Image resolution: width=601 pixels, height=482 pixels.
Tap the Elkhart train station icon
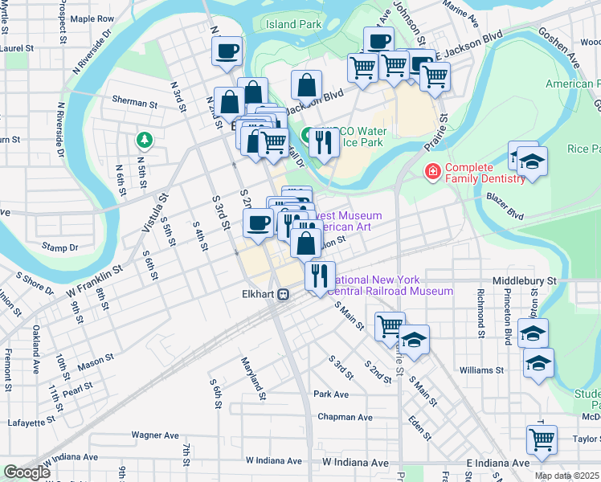pos(284,295)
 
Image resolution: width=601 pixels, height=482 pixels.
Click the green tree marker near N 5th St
pos(145,141)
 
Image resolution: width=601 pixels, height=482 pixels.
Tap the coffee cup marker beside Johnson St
pos(378,41)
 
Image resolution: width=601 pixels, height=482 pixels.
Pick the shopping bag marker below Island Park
pos(307,84)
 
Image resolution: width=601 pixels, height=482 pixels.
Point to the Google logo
pos(27,472)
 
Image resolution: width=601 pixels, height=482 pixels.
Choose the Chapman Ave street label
pos(345,417)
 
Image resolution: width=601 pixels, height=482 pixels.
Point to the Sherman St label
pos(134,103)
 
